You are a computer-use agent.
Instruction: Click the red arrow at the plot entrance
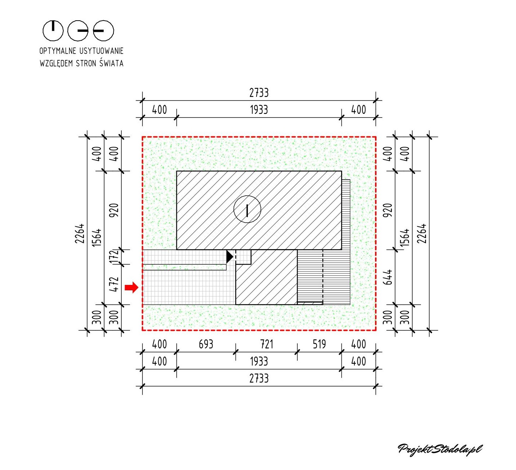coord(132,287)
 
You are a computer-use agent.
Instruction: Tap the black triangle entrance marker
coord(229,257)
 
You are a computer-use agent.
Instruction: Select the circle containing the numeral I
coord(247,209)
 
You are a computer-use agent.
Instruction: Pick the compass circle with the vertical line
coord(53,30)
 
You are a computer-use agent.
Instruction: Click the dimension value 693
coord(206,345)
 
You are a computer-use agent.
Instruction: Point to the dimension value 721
coord(266,345)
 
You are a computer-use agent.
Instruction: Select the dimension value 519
coord(319,345)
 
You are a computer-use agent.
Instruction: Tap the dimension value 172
coord(114,257)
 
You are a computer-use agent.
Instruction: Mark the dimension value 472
coord(114,284)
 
